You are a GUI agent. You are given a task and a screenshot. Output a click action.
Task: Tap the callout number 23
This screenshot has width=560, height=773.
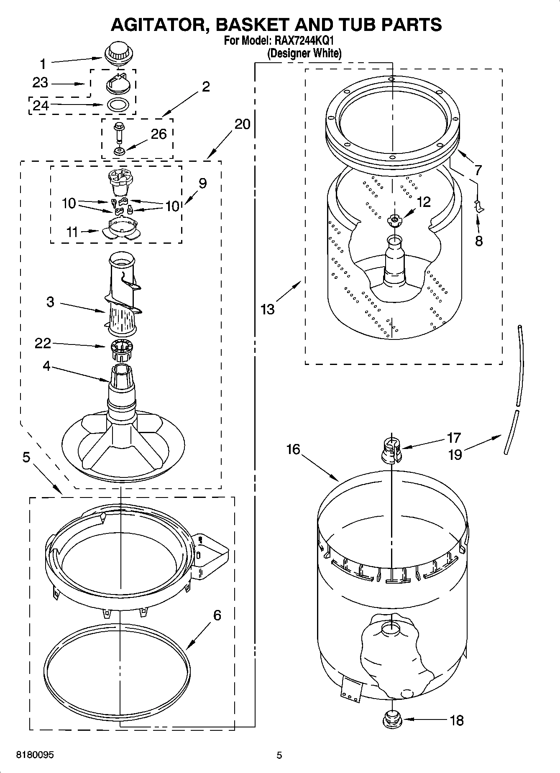[41, 83]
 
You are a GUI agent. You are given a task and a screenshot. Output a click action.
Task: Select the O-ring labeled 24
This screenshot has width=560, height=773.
[119, 105]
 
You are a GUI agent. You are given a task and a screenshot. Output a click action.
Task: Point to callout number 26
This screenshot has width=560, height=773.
[159, 134]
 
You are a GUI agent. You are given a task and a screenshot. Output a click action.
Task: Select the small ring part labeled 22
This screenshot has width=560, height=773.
[122, 350]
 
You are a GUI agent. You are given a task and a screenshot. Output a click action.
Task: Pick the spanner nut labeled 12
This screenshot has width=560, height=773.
[394, 220]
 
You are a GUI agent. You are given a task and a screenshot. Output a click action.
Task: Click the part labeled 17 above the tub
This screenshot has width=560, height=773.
[391, 451]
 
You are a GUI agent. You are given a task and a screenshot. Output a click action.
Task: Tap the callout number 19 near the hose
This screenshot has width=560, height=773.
[455, 454]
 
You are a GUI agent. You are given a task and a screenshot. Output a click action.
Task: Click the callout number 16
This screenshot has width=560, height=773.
[293, 449]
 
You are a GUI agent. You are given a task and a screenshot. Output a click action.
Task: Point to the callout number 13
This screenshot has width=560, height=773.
[267, 309]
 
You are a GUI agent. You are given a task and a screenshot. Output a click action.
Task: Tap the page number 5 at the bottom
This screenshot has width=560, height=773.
[279, 755]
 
